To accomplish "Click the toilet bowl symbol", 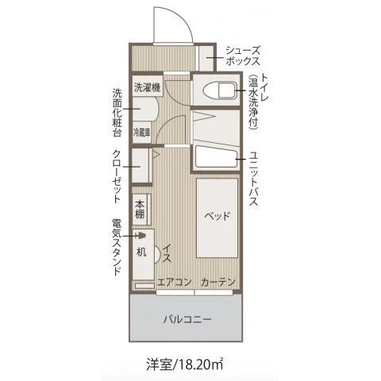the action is [x=220, y=90].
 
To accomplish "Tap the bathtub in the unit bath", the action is [x=217, y=156].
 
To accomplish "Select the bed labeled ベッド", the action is [x=217, y=217].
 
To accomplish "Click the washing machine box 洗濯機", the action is [x=148, y=87].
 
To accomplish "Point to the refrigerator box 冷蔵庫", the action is [x=142, y=133].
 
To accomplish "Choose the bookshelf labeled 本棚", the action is [x=141, y=210].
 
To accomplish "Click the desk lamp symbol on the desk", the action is [x=140, y=235].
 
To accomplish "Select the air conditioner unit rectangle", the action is [x=144, y=286].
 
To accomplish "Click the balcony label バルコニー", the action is [x=187, y=319].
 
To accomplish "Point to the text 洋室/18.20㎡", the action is [x=185, y=364].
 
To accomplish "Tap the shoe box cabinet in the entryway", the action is [x=206, y=59].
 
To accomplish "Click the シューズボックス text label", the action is [x=243, y=56].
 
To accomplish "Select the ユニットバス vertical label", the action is [x=253, y=179].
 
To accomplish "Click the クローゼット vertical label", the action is [x=117, y=177].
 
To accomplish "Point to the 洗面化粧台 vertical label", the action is [x=117, y=113].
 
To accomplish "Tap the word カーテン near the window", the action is [x=217, y=282].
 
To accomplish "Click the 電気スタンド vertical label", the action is [x=117, y=247].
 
